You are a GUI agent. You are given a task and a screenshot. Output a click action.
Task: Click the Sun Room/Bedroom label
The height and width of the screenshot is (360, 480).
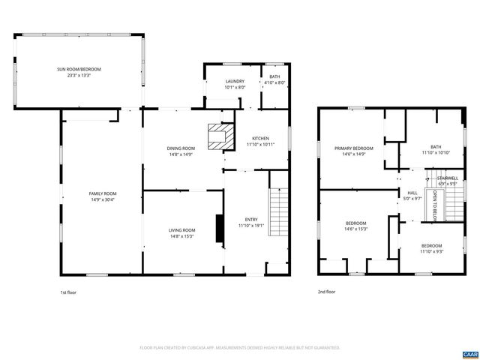(79, 69)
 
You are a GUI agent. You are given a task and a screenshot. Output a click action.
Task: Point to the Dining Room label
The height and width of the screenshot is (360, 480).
(181, 148)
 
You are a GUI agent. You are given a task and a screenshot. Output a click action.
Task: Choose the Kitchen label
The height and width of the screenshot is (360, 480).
(260, 139)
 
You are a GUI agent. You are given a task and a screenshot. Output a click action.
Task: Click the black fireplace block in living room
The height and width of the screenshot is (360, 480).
(219, 229)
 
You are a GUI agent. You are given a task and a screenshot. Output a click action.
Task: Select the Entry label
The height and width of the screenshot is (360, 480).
(250, 219)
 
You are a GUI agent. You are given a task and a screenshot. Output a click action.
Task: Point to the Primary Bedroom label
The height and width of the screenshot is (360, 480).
(353, 148)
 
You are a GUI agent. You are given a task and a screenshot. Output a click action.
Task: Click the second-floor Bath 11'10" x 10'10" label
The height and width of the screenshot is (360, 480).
(436, 147)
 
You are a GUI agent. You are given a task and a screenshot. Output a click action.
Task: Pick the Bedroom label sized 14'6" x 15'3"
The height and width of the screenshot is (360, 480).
(355, 223)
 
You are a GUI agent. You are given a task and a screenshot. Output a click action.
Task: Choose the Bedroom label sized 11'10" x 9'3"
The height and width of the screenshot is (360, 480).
(431, 246)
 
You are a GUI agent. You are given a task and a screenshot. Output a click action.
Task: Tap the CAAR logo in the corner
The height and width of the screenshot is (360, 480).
(469, 353)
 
